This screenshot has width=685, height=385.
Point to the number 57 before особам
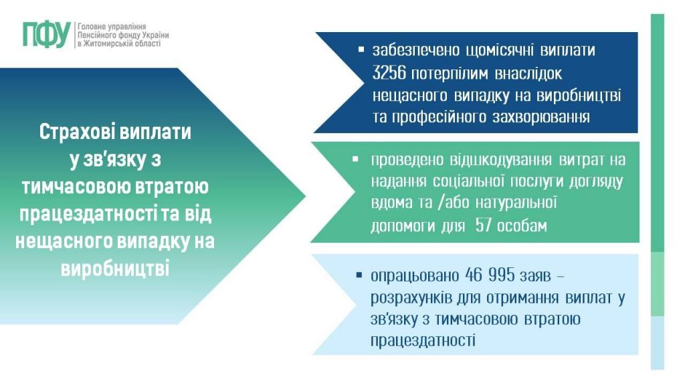coord(484,227)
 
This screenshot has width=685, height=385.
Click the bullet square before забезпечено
coord(361,50)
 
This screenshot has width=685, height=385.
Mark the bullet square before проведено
coord(355,160)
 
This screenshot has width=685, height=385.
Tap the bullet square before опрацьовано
coord(360,275)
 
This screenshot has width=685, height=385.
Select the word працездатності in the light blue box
coord(423,342)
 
